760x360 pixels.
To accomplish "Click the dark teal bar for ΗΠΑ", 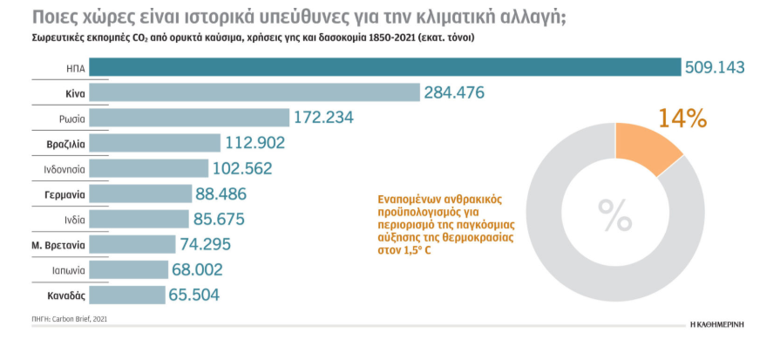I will coord(384,67).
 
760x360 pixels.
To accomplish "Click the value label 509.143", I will coord(715,67).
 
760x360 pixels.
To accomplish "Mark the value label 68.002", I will coord(209,269).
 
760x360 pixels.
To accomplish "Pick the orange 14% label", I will coord(682,118).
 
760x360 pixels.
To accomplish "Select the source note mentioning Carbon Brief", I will coord(71,319).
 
